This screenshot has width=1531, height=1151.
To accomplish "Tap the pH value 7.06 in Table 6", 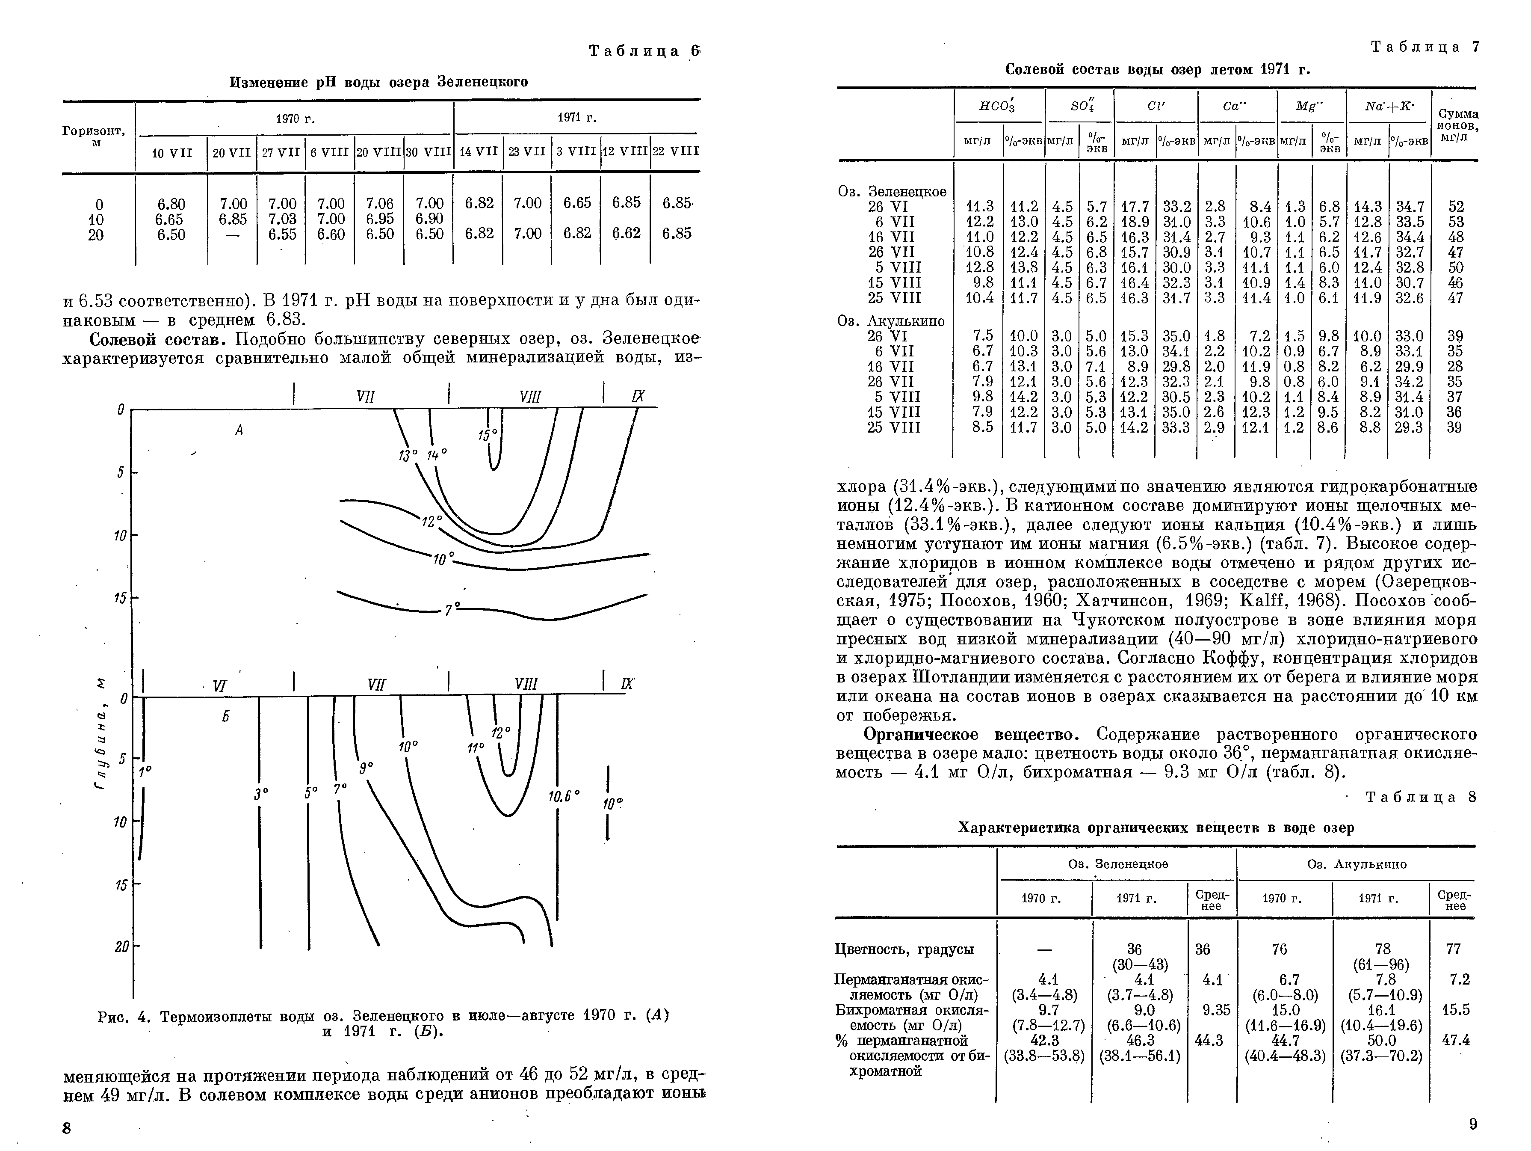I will pyautogui.click(x=379, y=204).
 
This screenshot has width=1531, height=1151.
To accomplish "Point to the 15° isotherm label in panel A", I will pyautogui.click(x=487, y=435).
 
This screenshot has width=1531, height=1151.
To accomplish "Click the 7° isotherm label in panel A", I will pyautogui.click(x=451, y=610).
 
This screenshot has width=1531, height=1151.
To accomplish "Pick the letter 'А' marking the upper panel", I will pyautogui.click(x=239, y=430).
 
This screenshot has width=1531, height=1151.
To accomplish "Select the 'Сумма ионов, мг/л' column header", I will pyautogui.click(x=1457, y=125).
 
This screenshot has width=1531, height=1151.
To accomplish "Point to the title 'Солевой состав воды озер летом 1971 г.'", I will pyautogui.click(x=1157, y=70).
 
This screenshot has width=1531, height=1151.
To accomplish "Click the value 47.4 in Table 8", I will pyautogui.click(x=1456, y=1040).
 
